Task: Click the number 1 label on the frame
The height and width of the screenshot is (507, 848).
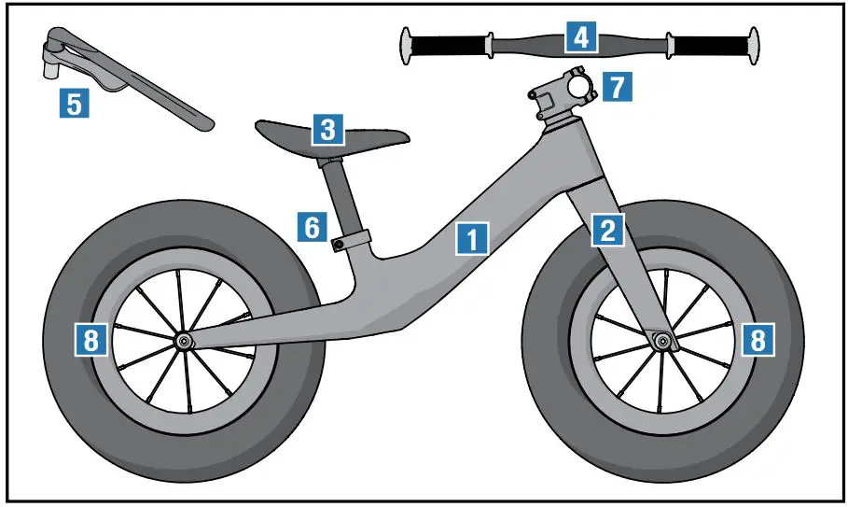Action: click(473, 239)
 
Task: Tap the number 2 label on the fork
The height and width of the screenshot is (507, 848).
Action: click(608, 230)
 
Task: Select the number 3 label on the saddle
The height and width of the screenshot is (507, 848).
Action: click(327, 129)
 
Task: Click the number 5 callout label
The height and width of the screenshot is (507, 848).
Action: click(74, 101)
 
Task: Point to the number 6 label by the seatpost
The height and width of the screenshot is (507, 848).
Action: click(313, 226)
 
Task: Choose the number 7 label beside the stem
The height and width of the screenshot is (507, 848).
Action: click(616, 86)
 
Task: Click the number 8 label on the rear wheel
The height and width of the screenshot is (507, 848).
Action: click(90, 340)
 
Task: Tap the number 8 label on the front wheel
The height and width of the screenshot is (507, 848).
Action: click(758, 340)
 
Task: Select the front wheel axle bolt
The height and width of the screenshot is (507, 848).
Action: click(663, 341)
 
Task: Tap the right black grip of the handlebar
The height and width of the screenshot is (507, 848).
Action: click(710, 45)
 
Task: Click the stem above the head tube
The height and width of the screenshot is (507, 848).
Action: click(562, 92)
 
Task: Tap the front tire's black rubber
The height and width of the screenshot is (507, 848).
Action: click(784, 280)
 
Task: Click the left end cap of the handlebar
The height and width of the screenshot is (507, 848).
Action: click(407, 46)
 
